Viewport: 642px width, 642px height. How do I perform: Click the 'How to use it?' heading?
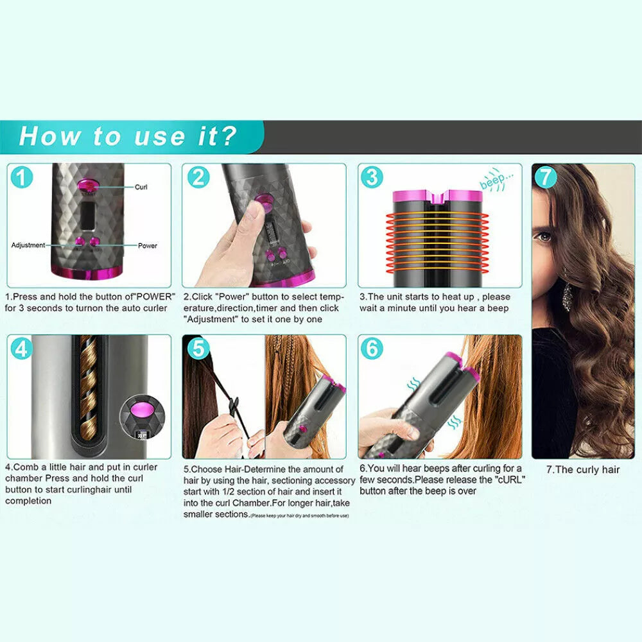point(128,136)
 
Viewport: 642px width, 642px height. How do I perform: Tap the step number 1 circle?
point(22,177)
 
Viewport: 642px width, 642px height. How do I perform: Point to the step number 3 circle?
point(372,177)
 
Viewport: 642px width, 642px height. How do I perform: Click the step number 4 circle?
point(22,349)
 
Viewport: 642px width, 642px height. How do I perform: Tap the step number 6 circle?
point(372,349)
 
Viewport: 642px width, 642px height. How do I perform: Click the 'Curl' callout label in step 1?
point(141,187)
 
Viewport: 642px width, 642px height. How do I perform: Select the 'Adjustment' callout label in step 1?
point(28,245)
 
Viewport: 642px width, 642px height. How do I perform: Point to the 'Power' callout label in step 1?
point(147,245)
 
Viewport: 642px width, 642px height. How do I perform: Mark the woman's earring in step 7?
point(568,295)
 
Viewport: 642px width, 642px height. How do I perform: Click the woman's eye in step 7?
point(545,237)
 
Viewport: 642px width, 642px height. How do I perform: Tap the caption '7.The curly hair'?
point(583,469)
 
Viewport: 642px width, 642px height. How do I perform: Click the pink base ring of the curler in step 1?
point(88,273)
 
